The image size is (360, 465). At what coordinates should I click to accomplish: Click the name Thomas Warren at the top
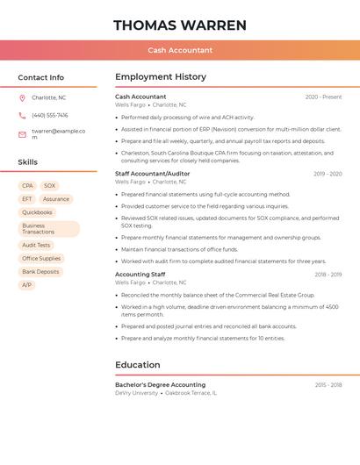point(180,25)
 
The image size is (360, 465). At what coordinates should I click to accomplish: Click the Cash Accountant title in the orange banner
point(180,50)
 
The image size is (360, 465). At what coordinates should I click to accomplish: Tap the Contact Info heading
point(40,77)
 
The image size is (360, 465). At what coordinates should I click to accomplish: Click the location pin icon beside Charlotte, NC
point(22,97)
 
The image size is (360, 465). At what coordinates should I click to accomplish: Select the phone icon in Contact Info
point(22,115)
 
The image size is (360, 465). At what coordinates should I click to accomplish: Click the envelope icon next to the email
point(22,133)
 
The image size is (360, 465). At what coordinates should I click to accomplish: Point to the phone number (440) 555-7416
point(49,115)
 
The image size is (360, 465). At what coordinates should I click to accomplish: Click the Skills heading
point(28,162)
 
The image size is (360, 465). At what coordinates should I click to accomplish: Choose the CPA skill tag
point(27,186)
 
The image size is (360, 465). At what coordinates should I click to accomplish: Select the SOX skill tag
point(49,186)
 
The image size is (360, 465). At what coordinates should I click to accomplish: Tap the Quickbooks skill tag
point(37,212)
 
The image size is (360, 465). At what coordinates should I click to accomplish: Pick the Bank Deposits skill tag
point(40,272)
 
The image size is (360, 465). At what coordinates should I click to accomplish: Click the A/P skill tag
point(26,285)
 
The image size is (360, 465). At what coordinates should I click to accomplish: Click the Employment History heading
point(161,77)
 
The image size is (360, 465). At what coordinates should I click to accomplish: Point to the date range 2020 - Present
point(323,97)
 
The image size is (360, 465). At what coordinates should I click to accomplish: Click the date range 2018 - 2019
point(328,275)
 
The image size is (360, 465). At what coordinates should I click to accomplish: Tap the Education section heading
point(137,365)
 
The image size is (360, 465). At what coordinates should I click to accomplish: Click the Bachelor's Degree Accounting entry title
point(160,385)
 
